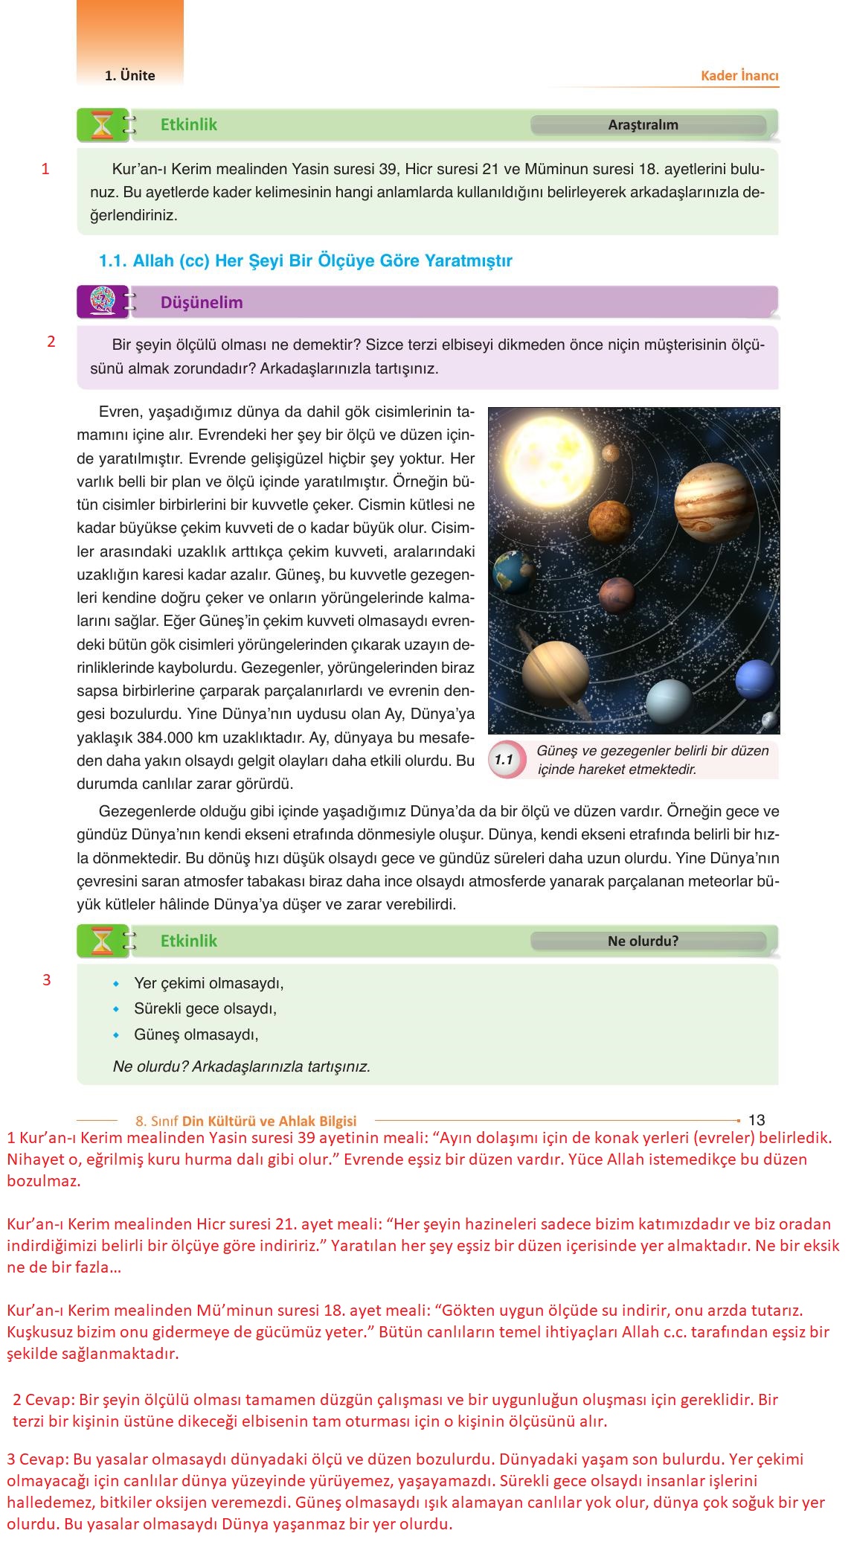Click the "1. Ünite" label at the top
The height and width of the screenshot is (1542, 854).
(130, 76)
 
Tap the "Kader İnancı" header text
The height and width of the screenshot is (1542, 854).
(739, 76)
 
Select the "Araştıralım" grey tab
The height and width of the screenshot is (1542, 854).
(644, 125)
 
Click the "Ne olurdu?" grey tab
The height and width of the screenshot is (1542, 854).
(644, 941)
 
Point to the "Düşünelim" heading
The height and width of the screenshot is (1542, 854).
(202, 302)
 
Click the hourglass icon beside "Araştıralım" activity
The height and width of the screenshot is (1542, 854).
(101, 125)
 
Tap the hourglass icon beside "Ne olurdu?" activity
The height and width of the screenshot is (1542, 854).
(101, 941)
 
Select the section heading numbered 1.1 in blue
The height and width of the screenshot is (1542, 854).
(306, 261)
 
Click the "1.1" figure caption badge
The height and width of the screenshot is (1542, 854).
(504, 760)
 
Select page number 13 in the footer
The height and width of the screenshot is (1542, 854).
(756, 1120)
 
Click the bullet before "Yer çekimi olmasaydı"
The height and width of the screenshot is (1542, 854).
(116, 984)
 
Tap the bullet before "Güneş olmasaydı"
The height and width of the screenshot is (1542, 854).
(116, 1034)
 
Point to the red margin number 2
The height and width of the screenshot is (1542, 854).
(51, 342)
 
